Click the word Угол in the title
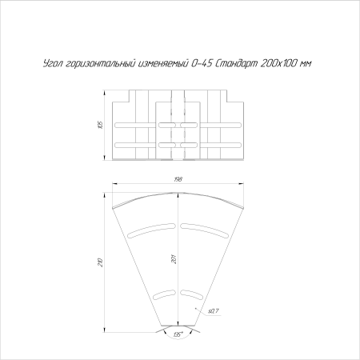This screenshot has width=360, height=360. [54, 64]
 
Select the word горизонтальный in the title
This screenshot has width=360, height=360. [102, 64]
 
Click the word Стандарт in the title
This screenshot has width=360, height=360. [236, 64]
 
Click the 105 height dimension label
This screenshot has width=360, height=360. [100, 126]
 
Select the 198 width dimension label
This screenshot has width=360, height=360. [178, 179]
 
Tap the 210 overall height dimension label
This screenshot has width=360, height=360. [100, 262]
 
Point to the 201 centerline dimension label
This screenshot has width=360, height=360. [174, 259]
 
